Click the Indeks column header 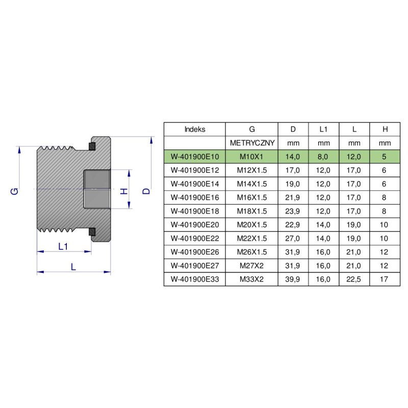[x=194, y=130]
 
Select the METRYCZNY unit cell [x=252, y=143]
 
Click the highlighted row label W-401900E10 [x=194, y=157]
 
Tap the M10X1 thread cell [x=252, y=157]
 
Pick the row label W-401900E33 [x=194, y=279]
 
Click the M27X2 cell [x=252, y=265]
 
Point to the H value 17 [x=385, y=279]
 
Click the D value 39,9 [x=293, y=279]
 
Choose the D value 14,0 [x=293, y=157]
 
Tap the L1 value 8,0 [x=323, y=157]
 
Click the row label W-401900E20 [x=194, y=224]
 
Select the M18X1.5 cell [x=252, y=211]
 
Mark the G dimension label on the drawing [x=15, y=191]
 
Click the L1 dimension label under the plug [x=63, y=247]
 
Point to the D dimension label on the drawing [x=146, y=190]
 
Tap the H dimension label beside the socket [x=123, y=191]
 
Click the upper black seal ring [x=92, y=147]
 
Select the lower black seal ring [x=92, y=233]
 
